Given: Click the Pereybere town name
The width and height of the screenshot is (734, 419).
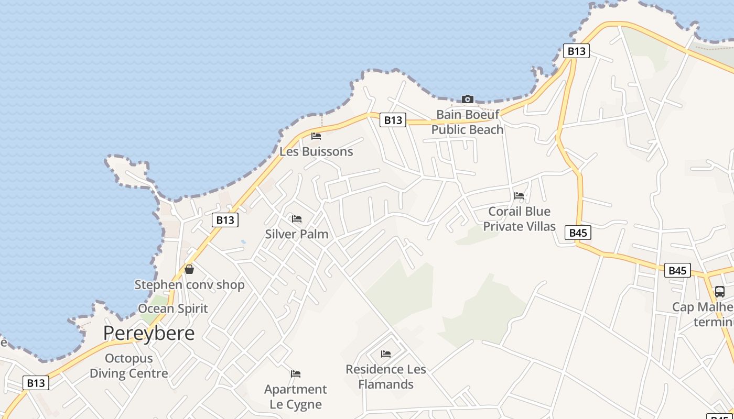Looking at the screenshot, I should [149, 333].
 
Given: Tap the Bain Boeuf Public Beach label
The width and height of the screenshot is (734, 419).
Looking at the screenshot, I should [467, 122].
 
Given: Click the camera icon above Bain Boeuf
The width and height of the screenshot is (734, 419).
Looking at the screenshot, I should [467, 99].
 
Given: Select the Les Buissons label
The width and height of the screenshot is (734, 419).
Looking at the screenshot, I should [316, 152].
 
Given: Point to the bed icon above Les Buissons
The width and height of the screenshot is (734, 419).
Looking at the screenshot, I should [316, 136].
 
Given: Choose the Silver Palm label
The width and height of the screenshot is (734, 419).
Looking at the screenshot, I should [297, 234].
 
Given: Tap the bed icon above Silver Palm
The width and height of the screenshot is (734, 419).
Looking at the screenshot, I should [297, 219].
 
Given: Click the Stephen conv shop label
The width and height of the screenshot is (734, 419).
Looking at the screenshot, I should [189, 285].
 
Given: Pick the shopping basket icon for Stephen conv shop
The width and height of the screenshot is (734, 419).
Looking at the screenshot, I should [189, 269].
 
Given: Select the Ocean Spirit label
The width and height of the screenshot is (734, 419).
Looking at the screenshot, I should [173, 308].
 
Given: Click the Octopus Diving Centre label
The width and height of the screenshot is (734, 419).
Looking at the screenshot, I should [129, 366].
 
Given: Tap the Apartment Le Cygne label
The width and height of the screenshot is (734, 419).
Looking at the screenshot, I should [296, 397].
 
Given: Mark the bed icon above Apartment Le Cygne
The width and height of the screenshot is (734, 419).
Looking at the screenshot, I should [296, 374].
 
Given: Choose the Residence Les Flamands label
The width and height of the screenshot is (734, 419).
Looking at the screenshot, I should [386, 377].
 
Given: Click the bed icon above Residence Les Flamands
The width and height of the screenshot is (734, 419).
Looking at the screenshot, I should [386, 354].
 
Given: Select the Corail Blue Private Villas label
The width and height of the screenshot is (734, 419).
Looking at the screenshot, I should [519, 219].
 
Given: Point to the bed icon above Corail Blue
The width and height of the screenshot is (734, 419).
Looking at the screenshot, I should [519, 196].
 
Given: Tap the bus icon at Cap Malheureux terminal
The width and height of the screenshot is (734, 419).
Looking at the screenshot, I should [720, 292].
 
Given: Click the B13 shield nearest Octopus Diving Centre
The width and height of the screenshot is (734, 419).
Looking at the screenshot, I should [36, 383].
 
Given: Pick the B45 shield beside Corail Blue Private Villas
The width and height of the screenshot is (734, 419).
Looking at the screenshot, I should [578, 233].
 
